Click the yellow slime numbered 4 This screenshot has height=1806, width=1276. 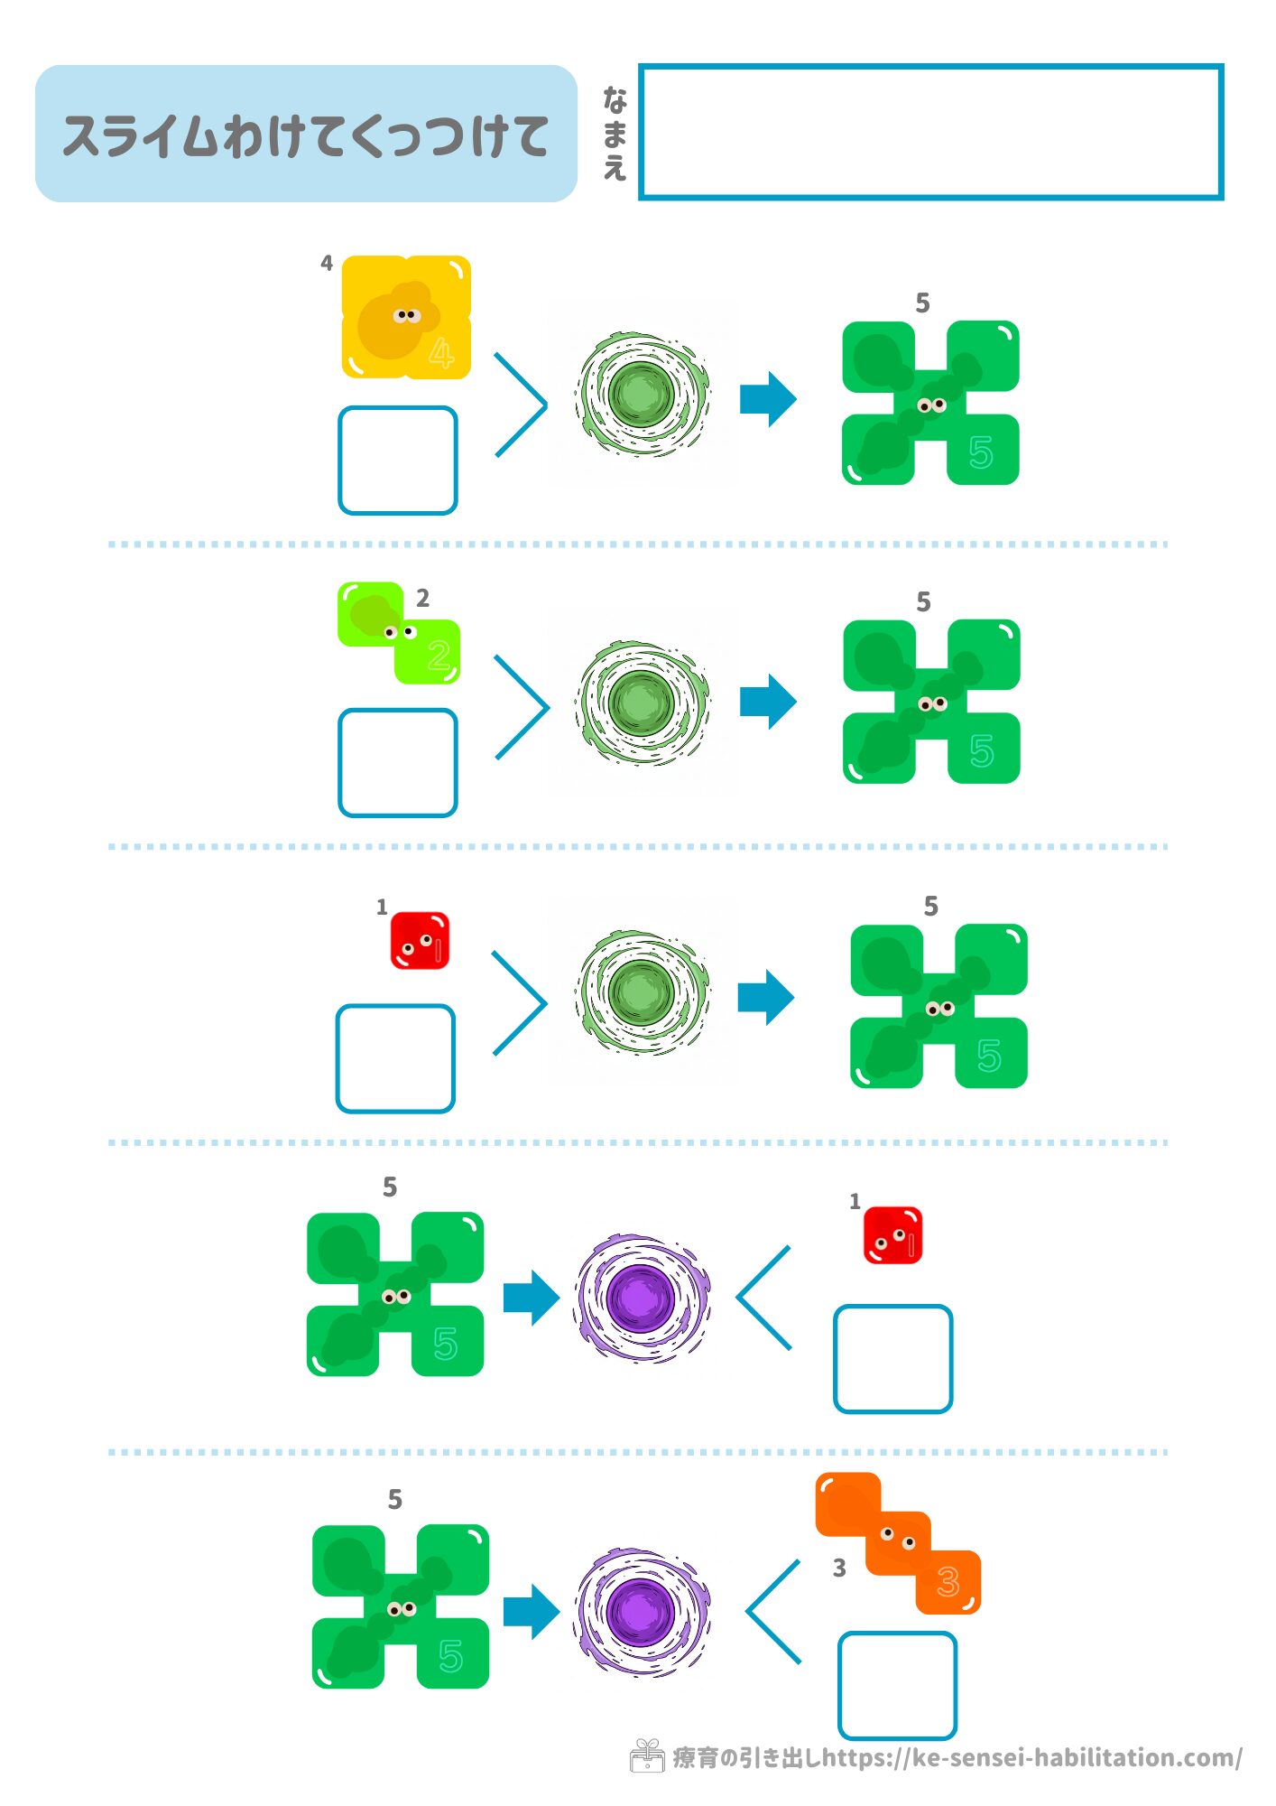coord(405,317)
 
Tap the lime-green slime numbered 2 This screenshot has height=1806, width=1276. coord(399,632)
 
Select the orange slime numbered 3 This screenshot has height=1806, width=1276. coord(898,1543)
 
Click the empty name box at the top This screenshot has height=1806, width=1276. coord(930,132)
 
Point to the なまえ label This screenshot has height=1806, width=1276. coord(615,134)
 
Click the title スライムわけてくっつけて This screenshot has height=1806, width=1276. coord(305,135)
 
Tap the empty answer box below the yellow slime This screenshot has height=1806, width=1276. coord(397,461)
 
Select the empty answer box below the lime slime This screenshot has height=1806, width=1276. coord(397,763)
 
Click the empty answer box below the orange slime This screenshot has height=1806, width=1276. coord(897,1685)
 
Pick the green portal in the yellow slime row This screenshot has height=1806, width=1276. coord(642,395)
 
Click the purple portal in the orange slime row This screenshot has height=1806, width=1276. coord(642,1611)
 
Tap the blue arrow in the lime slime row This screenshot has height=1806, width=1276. coord(768,702)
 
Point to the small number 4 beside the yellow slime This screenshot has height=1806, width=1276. coord(327,263)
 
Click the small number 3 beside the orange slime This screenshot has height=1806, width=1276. coord(839,1569)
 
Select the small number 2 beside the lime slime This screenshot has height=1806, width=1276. coord(422,598)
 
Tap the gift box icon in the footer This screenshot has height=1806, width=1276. coord(646,1756)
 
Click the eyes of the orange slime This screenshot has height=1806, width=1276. coord(898,1538)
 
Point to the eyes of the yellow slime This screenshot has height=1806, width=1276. coord(407,315)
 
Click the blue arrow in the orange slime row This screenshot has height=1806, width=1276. coord(532,1612)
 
